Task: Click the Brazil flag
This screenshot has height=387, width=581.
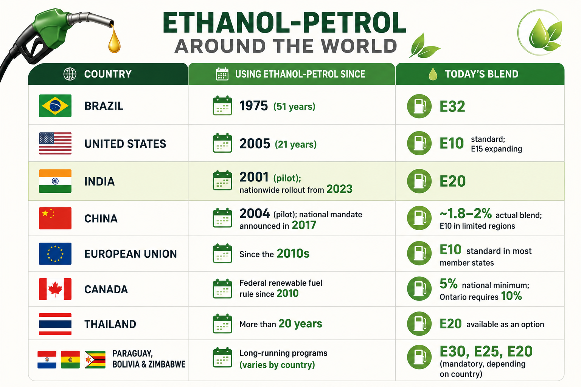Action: click(x=55, y=106)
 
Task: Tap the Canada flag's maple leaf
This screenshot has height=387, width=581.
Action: click(x=55, y=289)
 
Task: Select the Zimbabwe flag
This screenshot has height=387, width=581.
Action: click(x=95, y=359)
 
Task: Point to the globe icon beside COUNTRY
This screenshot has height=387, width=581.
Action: click(x=70, y=74)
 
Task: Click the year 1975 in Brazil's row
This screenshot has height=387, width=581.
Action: click(x=253, y=106)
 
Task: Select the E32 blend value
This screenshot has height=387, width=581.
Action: click(x=452, y=106)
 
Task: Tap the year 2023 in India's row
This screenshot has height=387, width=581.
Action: click(x=340, y=189)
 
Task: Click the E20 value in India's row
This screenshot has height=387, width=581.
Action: click(x=453, y=181)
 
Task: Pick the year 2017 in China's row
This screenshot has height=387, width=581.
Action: click(x=304, y=225)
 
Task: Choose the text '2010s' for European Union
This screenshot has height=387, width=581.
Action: click(x=293, y=253)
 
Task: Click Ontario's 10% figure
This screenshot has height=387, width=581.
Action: click(x=511, y=296)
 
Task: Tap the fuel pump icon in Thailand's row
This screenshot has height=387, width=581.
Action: click(x=419, y=324)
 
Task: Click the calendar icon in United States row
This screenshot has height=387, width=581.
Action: click(x=222, y=143)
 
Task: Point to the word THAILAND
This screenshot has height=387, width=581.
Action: click(x=110, y=324)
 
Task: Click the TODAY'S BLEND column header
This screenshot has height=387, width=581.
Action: click(x=482, y=74)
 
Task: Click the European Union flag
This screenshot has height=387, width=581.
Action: click(x=55, y=254)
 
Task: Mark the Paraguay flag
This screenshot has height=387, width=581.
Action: click(x=47, y=359)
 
